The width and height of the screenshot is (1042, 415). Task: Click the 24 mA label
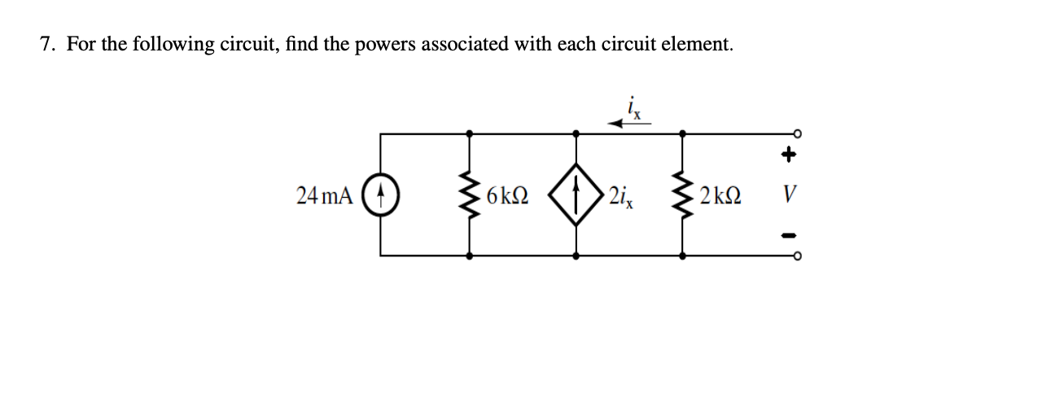325,195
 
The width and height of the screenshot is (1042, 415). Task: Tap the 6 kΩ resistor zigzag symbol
470,195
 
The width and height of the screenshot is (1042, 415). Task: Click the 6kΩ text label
506,196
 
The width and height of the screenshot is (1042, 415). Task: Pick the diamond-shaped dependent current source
576,195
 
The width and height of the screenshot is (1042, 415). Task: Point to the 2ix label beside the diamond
619,196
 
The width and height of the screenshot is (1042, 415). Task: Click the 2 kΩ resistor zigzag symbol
681,195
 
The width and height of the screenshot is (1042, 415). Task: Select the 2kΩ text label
718,196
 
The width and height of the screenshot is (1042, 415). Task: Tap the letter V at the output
787,196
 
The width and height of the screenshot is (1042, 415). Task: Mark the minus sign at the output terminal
788,237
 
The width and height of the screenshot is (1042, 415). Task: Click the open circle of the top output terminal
799,133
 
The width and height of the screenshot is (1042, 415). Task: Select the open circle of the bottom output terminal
799,256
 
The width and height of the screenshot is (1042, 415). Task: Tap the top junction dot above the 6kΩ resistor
470,133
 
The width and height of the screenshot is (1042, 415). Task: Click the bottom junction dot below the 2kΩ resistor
681,256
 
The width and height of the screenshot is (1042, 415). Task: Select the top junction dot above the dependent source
576,133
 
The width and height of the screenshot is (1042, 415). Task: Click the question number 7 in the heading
47,44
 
